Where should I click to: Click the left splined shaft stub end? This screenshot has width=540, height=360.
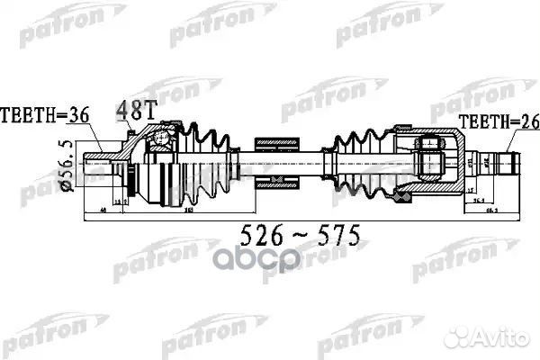pos(94,169)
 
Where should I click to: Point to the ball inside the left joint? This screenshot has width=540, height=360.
pos(161,140)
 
